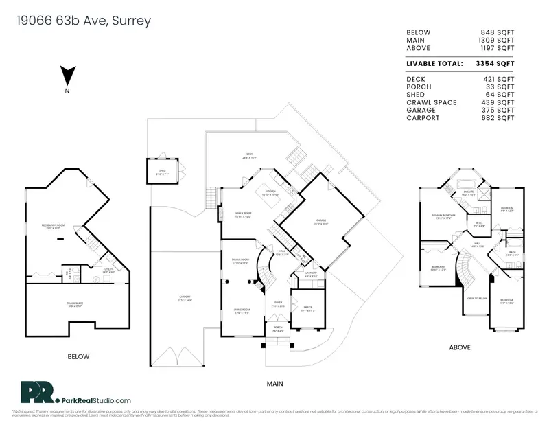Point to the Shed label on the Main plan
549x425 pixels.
(162, 172)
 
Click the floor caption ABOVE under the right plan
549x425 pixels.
(459, 347)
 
